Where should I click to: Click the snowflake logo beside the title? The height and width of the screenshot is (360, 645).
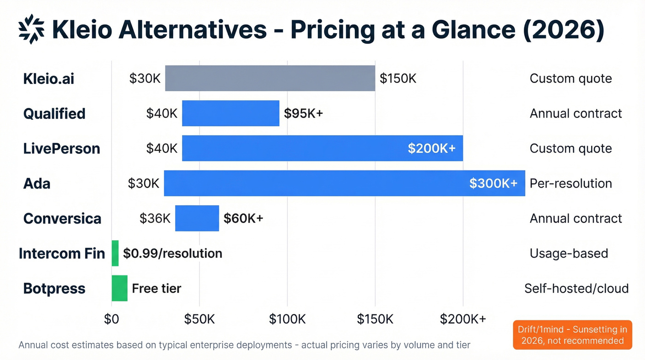31,29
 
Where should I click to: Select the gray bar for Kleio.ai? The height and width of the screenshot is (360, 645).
270,78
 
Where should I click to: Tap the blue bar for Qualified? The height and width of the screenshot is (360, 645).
230,113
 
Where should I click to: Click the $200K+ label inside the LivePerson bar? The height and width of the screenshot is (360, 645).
432,148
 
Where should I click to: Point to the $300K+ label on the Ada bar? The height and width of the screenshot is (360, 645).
493,183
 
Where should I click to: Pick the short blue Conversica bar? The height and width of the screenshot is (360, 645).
197,218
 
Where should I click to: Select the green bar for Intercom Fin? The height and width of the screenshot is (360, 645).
115,254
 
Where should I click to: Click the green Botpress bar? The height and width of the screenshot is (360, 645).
119,289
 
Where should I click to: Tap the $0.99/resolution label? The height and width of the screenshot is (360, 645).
172,254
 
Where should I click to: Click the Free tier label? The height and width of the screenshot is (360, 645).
156,289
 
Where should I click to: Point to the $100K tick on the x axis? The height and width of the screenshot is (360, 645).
287,319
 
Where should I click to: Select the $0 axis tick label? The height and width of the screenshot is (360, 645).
111,319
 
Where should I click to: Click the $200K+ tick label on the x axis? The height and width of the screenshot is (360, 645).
463,319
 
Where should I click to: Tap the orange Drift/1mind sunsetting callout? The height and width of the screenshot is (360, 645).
572,335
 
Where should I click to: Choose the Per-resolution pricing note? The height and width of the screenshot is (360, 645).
570,183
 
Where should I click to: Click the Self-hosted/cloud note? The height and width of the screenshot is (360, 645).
576,289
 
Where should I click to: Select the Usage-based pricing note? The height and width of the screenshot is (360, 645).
569,254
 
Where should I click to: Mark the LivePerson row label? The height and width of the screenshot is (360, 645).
61,148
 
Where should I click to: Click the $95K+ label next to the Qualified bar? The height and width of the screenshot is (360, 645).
303,113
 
